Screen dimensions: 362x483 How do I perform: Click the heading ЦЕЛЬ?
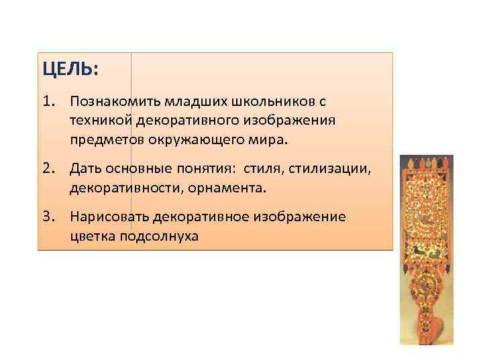[70, 69]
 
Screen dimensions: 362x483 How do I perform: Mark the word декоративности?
[118, 187]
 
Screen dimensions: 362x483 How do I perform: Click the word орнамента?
[221, 187]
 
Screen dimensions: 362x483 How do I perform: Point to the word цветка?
[92, 237]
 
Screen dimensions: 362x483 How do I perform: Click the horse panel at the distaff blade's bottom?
[426, 252]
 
